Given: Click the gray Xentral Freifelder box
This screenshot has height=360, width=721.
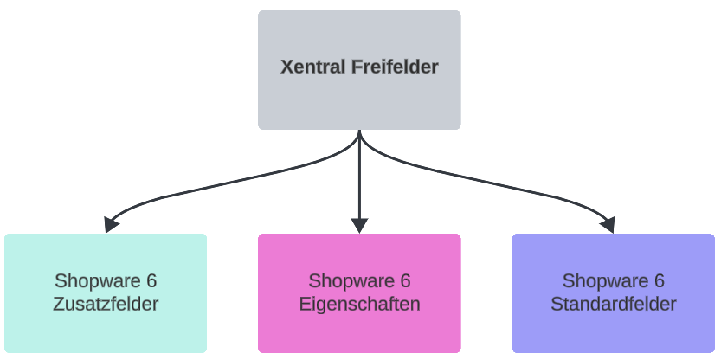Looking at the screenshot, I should tap(359, 95).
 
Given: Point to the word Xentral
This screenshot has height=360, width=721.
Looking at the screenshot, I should tap(310, 67).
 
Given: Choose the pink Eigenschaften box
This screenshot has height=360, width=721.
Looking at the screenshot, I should tap(359, 333).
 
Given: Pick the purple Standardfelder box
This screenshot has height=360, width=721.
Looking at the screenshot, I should tap(613, 333).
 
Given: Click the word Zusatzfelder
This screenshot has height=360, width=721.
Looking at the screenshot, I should tap(106, 305).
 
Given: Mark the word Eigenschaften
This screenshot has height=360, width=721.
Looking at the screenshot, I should tap(359, 305).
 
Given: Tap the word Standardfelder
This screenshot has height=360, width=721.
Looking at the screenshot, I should tap(613, 305).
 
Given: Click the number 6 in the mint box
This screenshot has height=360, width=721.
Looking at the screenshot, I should tap(151, 281).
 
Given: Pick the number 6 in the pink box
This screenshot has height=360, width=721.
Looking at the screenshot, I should tap(405, 281).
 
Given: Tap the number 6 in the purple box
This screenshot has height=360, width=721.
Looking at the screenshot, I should tap(659, 281).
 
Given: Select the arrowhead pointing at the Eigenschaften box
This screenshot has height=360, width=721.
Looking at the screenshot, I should tap(359, 225).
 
